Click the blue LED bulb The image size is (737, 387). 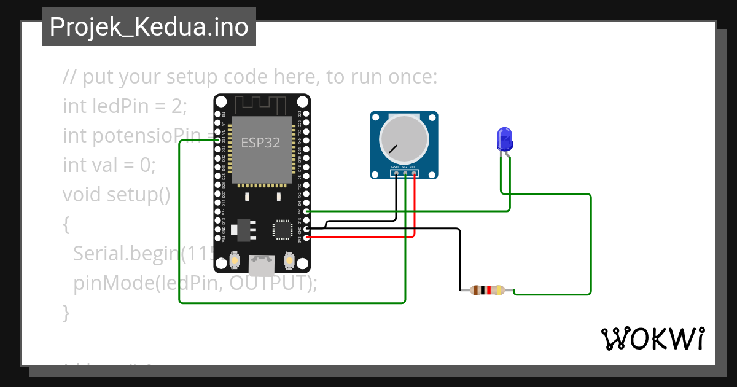click(505, 139)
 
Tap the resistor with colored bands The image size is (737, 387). click(486, 291)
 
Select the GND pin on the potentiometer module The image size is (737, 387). click(396, 174)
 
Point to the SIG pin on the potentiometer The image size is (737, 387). click(405, 174)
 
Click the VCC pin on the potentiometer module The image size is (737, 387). click(415, 174)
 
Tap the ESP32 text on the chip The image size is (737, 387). click(260, 143)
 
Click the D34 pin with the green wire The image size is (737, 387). click(217, 141)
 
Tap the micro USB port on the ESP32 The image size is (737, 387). click(262, 264)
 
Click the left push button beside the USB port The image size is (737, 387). click(234, 262)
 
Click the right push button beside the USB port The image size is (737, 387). click(289, 262)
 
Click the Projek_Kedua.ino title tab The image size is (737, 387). click(149, 27)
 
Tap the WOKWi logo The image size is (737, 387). click(652, 338)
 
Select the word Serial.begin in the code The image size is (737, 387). click(125, 253)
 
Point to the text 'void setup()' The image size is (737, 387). click(116, 195)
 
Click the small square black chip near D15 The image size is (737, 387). click(283, 229)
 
